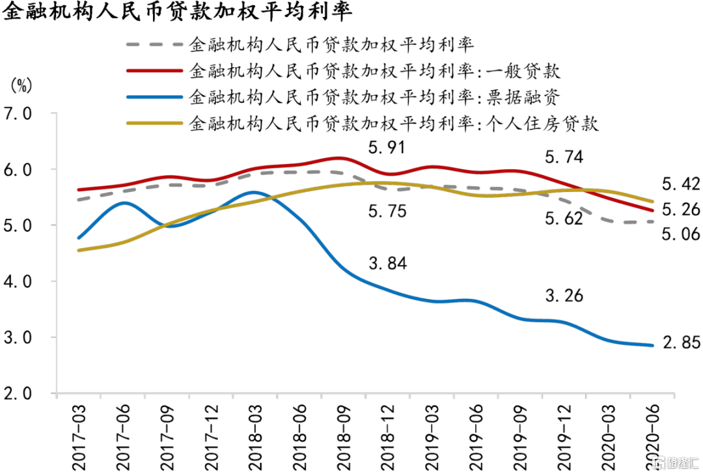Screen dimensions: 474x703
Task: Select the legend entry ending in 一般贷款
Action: pos(374,70)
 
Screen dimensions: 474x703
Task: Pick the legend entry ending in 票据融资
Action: pos(374,97)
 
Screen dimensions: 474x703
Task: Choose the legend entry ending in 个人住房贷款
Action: pos(393,123)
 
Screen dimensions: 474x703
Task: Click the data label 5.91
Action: pos(387,148)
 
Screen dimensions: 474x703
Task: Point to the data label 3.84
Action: pos(387,264)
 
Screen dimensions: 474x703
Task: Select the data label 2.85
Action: pos(682,342)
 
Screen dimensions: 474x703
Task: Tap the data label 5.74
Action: pos(564,157)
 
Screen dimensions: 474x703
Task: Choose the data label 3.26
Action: pos(564,296)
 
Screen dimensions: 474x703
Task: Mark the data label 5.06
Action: pos(682,234)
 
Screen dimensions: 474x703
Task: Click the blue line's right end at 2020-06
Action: pos(653,345)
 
